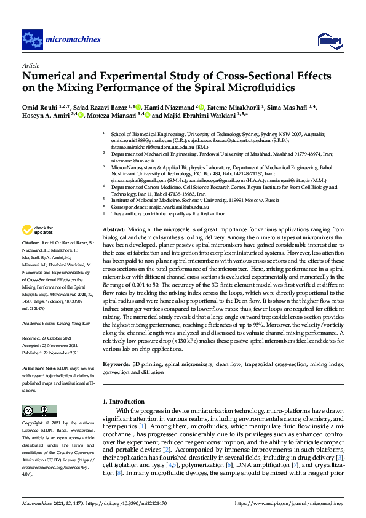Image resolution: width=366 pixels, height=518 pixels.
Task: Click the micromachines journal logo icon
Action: coord(31,39)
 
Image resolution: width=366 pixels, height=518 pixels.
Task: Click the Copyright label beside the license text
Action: coord(34,423)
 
